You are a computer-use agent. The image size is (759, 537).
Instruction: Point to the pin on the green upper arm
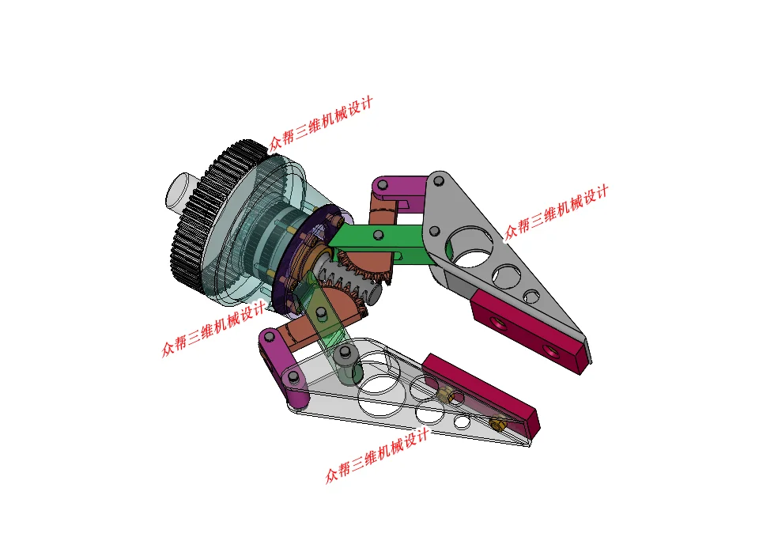[379, 236]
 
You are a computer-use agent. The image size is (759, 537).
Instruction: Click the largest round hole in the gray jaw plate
[469, 246]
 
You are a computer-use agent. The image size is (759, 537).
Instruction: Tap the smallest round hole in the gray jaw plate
[531, 297]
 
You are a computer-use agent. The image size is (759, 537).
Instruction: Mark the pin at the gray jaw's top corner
[439, 182]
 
